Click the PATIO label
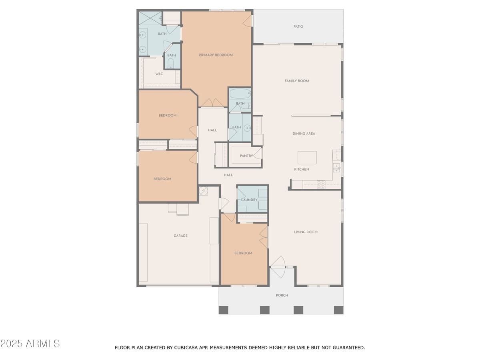coord(298,27)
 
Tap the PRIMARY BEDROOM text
coord(216,55)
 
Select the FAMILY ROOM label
coord(296,81)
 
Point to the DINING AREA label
coord(304,134)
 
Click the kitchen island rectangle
coord(307,158)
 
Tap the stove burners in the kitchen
coord(321,184)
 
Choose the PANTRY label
coord(246,156)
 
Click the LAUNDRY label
coord(249,200)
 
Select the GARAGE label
coord(180,236)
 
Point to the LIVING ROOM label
coord(306,232)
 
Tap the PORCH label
coord(282,296)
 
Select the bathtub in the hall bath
coord(239,94)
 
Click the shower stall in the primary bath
coord(150,18)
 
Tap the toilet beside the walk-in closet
coord(171,63)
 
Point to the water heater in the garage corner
coord(204,191)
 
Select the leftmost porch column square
coord(223,310)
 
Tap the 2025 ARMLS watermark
coord(30,344)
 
